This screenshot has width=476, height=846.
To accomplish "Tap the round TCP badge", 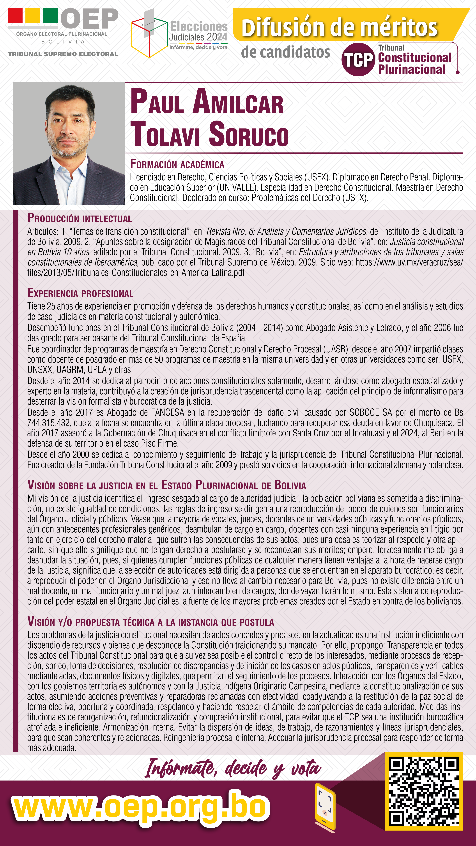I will [x=358, y=60].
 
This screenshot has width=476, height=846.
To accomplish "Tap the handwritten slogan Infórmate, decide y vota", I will [x=233, y=768].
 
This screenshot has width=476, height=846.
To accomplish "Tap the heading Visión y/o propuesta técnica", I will [x=150, y=622].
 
